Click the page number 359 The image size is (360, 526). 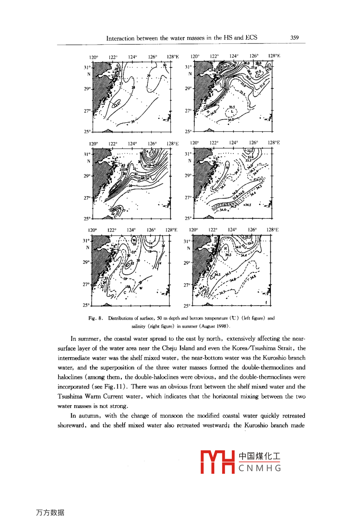pos(294,37)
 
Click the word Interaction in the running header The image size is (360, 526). pos(120,38)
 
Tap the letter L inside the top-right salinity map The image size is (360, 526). pos(232,112)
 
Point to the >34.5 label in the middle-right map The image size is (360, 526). pos(247,205)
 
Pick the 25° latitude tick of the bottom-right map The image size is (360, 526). pos(187,306)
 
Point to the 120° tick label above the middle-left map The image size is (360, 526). pos(94,144)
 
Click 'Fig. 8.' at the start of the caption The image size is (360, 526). pos(96,318)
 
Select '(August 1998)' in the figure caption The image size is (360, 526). pos(215,326)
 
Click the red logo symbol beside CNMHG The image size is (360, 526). pos(217,462)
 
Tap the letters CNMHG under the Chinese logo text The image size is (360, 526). pos(260,468)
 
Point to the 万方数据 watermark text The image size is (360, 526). pos(50,512)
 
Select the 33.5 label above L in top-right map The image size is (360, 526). pos(232,107)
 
